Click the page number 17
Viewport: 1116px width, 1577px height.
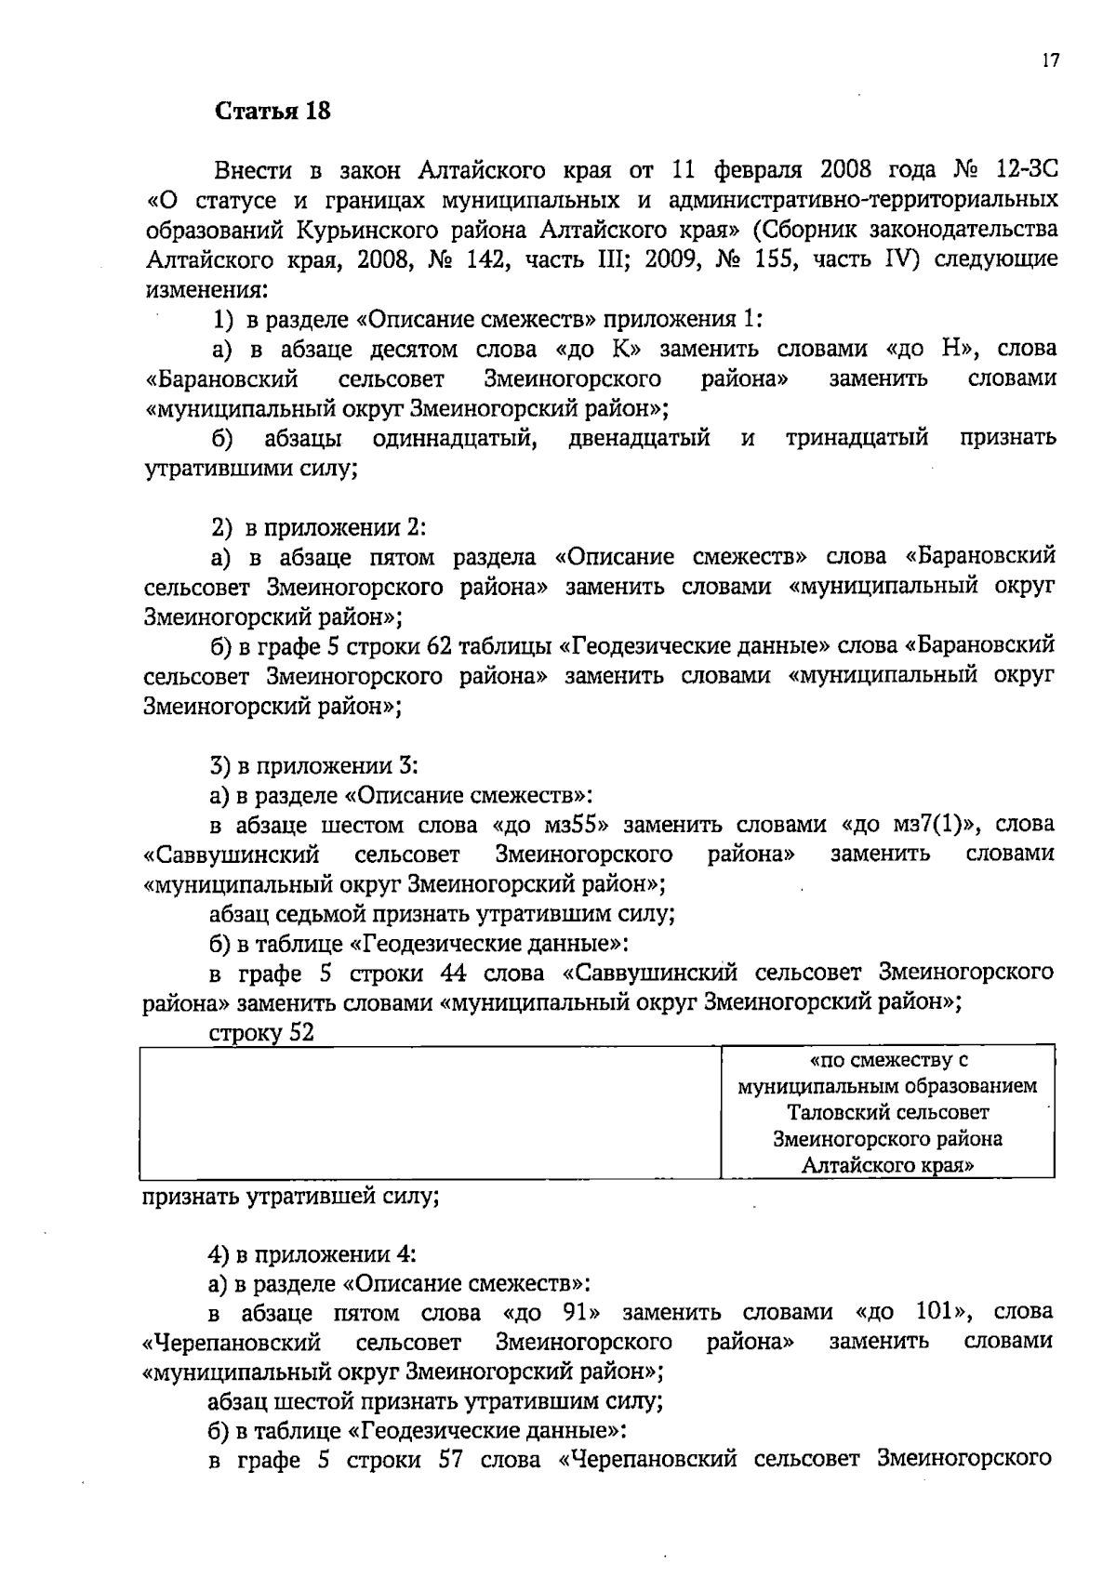tap(1050, 61)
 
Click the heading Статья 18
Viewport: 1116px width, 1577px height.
tap(272, 112)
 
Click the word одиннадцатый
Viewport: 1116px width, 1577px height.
tap(454, 438)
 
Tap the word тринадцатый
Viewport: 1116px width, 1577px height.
tap(857, 438)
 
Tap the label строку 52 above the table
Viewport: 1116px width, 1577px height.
tap(261, 1032)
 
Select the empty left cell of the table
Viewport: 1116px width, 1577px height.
tap(431, 1112)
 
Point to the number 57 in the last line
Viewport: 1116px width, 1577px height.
tap(451, 1460)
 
